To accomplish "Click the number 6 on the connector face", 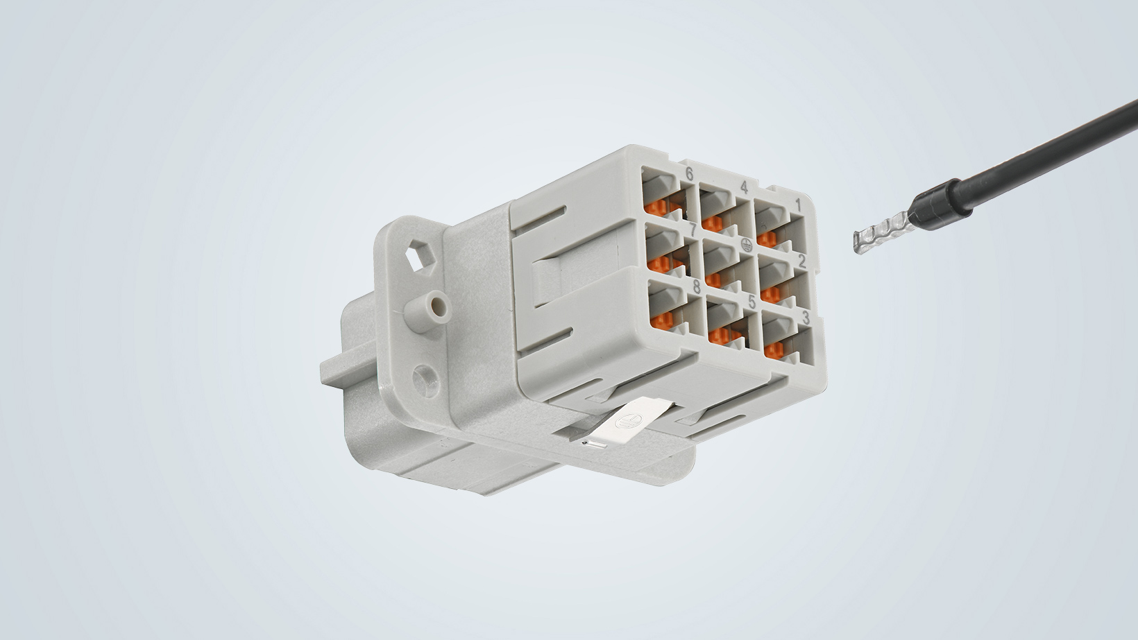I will point(689,174).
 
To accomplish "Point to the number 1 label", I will point(798,204).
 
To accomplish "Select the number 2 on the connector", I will point(801,261).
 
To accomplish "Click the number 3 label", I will point(806,318).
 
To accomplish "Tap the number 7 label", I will point(693,230).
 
